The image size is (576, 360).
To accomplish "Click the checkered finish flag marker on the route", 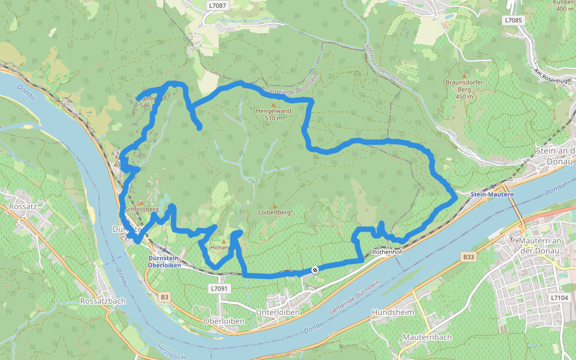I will pyautogui.click(x=314, y=270).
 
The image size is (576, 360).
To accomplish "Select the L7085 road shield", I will pyautogui.click(x=514, y=20).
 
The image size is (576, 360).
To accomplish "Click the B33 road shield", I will pyautogui.click(x=469, y=257).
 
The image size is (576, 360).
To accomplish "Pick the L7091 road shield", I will pyautogui.click(x=220, y=289).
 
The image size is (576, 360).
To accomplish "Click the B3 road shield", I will pyautogui.click(x=165, y=297).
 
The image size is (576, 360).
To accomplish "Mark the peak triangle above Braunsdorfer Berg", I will pyautogui.click(x=464, y=76).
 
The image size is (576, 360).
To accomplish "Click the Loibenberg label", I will pyautogui.click(x=274, y=212).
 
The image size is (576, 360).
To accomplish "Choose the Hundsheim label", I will pyautogui.click(x=394, y=313).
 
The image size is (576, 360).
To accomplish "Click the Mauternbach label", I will pyautogui.click(x=427, y=337).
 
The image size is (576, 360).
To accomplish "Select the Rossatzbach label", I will pyautogui.click(x=103, y=301).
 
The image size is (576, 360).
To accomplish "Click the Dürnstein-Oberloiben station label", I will pyautogui.click(x=164, y=261).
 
